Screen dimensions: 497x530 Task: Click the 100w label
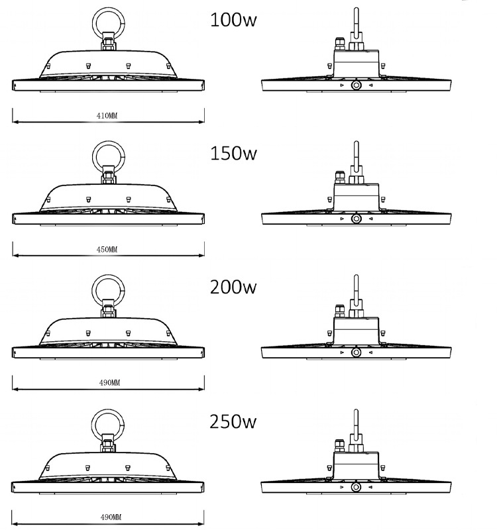tap(233, 20)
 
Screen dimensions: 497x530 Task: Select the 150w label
tap(233, 153)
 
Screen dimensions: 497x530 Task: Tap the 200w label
tap(233, 287)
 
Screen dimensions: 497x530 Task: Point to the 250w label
tap(233, 421)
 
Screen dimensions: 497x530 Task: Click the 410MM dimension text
tap(107, 115)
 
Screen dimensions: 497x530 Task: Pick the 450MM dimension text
tap(107, 250)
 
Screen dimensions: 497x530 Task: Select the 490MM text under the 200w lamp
tap(109, 383)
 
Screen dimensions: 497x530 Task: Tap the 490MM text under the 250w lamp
tap(111, 517)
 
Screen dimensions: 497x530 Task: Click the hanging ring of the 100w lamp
tap(94, 24)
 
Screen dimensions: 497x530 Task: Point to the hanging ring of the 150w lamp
tap(94, 157)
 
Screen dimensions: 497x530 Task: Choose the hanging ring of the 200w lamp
tap(93, 291)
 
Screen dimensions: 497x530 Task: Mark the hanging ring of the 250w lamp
tap(93, 425)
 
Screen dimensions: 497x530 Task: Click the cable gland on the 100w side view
tap(340, 44)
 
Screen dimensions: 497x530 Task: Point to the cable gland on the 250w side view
tap(339, 445)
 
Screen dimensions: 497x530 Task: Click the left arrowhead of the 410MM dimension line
tap(15, 122)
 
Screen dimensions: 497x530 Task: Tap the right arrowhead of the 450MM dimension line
tap(201, 256)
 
